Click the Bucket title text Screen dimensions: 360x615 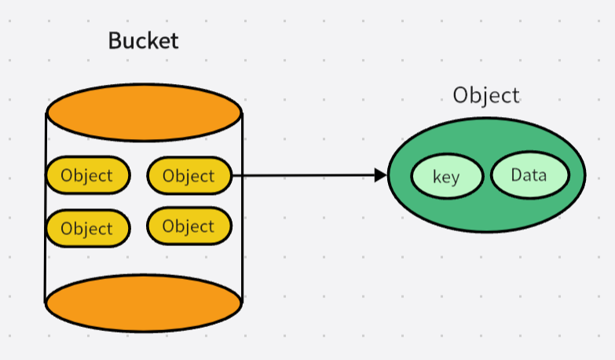(143, 41)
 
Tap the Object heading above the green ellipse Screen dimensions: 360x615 (486, 95)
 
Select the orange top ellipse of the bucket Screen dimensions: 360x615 (144, 112)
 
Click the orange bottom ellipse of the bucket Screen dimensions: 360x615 (144, 304)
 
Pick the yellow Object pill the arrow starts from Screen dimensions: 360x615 (189, 175)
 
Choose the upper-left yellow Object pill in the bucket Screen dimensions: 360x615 (87, 175)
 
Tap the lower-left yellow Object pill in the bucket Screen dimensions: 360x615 (87, 229)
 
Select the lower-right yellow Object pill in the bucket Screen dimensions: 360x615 (189, 226)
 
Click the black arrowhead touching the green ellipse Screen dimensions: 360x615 (381, 174)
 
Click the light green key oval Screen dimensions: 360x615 (446, 177)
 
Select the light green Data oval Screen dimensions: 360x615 (529, 175)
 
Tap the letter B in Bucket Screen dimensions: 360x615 (115, 41)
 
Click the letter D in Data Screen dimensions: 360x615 (516, 174)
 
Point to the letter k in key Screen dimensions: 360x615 (437, 177)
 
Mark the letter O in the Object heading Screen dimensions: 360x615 (461, 95)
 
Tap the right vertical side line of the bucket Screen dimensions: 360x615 (242, 236)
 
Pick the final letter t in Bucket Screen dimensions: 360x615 (174, 41)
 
